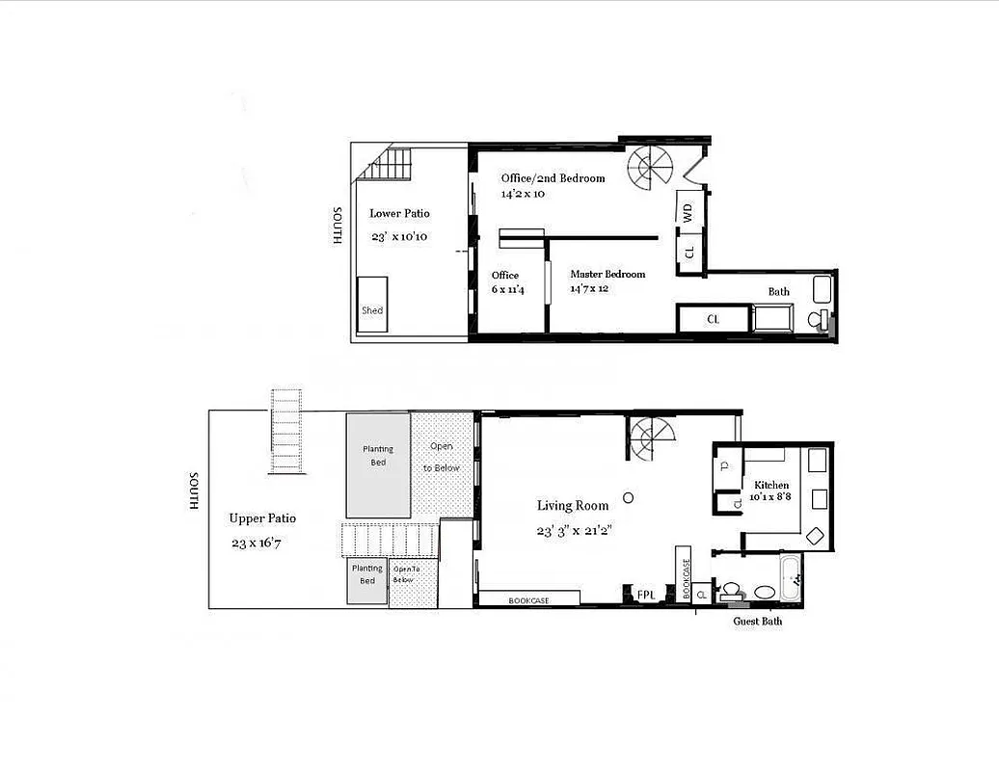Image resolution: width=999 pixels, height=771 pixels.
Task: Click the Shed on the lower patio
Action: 372,305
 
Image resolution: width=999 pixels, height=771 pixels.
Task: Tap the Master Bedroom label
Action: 607,275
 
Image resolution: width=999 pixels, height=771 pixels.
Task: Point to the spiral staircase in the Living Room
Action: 652,439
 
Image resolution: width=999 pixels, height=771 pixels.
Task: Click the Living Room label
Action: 573,506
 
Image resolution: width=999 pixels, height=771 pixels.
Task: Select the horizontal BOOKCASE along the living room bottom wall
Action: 529,599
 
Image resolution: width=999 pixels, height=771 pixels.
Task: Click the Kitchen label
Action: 771,485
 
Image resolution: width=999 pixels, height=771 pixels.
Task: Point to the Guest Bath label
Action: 757,622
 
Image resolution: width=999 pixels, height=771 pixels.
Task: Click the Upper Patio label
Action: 262,518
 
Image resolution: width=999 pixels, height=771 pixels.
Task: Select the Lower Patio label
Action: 399,214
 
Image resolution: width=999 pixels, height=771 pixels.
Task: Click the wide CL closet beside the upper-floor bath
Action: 714,319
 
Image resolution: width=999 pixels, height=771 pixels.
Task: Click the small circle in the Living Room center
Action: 628,497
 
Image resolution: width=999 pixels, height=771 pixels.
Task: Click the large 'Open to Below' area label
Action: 442,457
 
